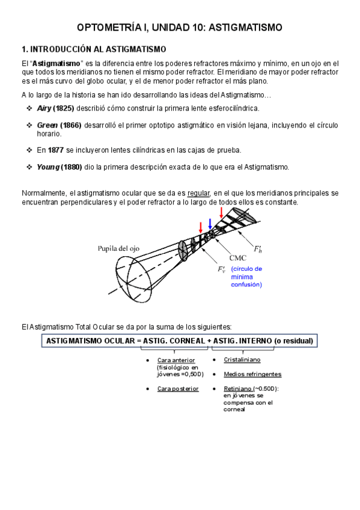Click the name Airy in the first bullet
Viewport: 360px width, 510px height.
pyautogui.click(x=44, y=108)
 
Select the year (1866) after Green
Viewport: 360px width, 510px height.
pyautogui.click(x=71, y=125)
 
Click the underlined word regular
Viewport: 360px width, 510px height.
pyautogui.click(x=198, y=194)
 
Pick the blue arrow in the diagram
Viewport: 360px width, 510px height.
pyautogui.click(x=210, y=224)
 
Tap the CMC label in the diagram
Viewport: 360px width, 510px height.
pyautogui.click(x=238, y=257)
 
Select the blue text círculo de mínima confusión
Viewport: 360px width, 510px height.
pyautogui.click(x=247, y=277)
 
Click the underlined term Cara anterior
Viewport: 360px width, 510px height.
pyautogui.click(x=172, y=360)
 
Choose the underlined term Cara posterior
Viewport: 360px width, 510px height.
pyautogui.click(x=177, y=389)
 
